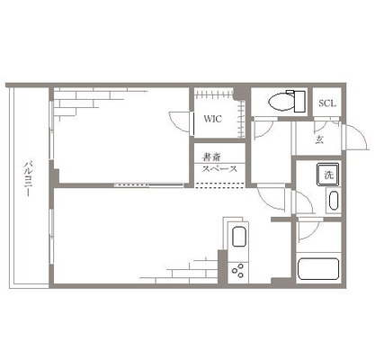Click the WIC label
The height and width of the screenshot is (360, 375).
point(213,119)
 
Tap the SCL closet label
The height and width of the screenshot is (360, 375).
point(327,103)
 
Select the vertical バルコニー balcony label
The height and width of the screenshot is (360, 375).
point(28,179)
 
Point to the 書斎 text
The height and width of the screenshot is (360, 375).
point(212,157)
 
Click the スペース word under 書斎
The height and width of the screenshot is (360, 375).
point(219,169)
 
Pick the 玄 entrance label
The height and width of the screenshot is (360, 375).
point(319,139)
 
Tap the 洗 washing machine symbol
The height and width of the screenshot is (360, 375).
point(328,175)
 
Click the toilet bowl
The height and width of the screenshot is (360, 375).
point(281,102)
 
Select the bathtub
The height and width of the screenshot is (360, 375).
point(318,269)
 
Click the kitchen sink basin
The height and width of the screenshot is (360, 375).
point(239,237)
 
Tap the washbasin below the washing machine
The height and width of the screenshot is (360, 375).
point(334,200)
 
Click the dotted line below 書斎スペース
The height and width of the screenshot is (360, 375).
point(219,185)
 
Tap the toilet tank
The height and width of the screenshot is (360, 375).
point(299,102)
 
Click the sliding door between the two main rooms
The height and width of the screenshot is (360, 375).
point(149,185)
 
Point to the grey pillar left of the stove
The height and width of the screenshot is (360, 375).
point(222,266)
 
